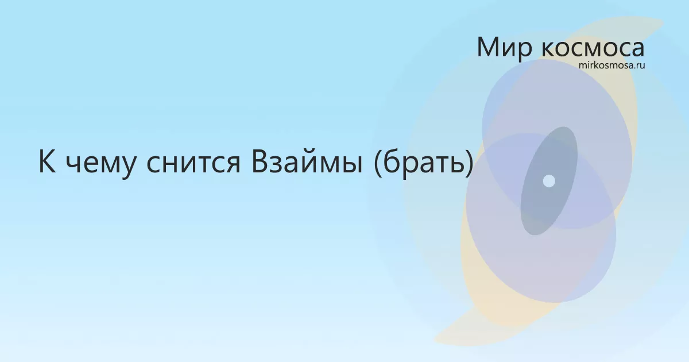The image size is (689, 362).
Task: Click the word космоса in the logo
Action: click(593, 49)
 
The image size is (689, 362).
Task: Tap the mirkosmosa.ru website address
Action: click(612, 66)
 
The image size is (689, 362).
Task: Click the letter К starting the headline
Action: click(47, 161)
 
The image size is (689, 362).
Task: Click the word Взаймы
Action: click(307, 162)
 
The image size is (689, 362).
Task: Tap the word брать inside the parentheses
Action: click(423, 163)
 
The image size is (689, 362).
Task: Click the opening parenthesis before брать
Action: click(378, 163)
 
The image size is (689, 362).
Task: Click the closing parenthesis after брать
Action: click(470, 163)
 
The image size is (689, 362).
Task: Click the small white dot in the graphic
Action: click(549, 181)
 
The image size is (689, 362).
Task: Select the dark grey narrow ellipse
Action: click(549, 181)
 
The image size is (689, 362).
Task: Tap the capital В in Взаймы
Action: click(260, 162)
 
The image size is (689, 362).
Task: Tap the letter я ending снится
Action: click(233, 164)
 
